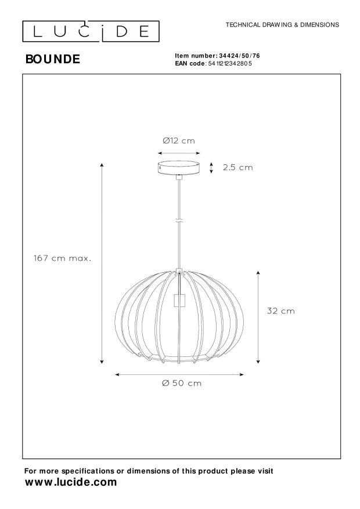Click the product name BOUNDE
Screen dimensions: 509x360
click(53, 59)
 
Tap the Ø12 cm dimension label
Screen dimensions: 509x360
click(179, 140)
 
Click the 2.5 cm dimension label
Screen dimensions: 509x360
click(238, 168)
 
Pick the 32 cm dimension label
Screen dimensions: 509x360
click(280, 311)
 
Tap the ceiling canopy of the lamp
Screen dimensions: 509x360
click(179, 167)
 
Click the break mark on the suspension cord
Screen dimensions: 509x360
click(179, 221)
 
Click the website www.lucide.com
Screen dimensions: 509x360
click(70, 482)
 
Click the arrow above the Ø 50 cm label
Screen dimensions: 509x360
click(180, 374)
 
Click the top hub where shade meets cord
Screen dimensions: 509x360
click(179, 270)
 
